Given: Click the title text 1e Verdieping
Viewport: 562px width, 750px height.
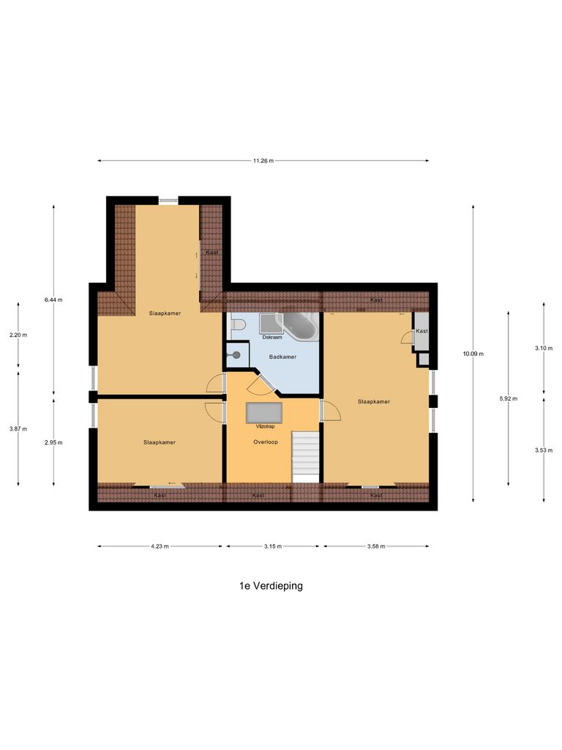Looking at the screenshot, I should [270, 586].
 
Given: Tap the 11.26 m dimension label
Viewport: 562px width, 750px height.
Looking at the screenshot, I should [263, 161].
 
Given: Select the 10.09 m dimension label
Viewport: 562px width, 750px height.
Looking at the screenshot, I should [473, 354].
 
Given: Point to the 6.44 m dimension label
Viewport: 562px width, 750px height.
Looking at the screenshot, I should [53, 300].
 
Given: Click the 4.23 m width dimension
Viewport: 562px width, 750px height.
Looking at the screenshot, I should [160, 546].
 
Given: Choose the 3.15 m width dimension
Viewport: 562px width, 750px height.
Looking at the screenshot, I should [273, 546].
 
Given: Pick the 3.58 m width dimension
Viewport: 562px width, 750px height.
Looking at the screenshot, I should [375, 546].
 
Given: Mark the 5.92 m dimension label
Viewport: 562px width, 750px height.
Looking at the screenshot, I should [508, 398].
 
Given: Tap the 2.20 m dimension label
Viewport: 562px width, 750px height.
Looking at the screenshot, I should [18, 335].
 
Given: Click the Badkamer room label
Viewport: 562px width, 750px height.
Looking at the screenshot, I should [282, 357].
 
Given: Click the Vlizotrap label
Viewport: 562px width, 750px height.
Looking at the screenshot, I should [264, 426].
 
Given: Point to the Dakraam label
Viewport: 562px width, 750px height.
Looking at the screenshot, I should [272, 338].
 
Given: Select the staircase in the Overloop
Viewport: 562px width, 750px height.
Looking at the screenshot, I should [306, 456].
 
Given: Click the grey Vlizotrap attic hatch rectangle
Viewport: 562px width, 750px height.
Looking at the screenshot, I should [264, 412].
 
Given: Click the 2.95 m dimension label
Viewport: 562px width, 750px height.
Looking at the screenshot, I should [53, 442].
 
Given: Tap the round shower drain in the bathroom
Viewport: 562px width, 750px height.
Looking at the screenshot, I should [236, 354].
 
